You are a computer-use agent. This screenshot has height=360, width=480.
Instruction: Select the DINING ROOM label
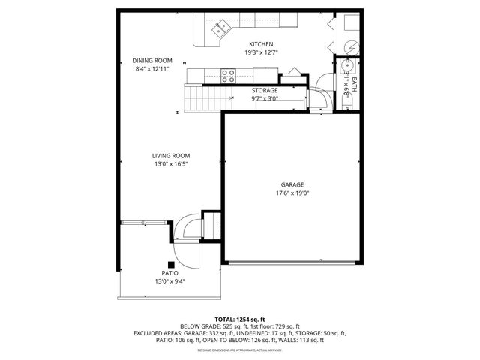tap(152, 60)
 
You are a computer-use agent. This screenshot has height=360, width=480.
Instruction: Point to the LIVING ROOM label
tap(170, 155)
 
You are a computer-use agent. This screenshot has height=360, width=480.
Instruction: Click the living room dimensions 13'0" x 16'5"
tap(170, 163)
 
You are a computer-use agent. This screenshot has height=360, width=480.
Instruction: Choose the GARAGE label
tap(292, 184)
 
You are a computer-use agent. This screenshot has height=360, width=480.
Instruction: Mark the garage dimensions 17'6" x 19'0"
tap(292, 193)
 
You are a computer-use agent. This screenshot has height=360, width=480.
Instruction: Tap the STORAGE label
tap(264, 90)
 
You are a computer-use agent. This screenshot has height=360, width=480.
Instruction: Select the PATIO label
tap(170, 273)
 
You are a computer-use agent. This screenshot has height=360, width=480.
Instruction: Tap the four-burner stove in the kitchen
tap(228, 73)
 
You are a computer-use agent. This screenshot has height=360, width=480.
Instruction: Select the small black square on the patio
tap(172, 263)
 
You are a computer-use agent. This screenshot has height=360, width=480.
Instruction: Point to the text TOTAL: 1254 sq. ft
tap(240, 319)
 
